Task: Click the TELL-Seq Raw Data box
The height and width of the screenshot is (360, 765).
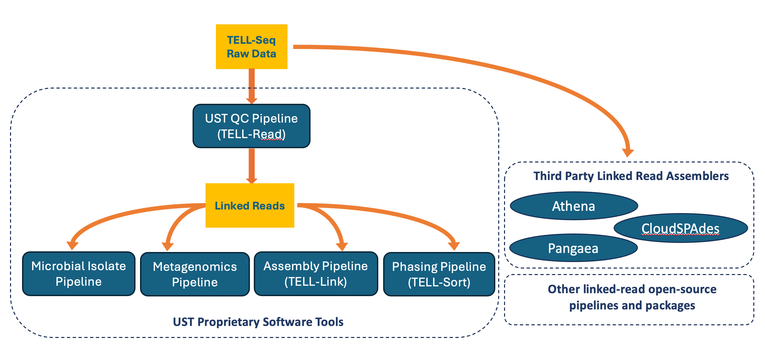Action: (252, 47)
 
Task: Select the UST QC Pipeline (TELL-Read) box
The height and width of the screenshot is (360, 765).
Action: (252, 126)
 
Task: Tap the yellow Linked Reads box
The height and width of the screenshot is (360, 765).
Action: (250, 206)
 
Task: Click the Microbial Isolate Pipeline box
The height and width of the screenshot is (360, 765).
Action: (78, 274)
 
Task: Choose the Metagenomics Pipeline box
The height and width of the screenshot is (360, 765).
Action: (195, 274)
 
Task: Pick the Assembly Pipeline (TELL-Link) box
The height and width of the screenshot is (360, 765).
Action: (316, 274)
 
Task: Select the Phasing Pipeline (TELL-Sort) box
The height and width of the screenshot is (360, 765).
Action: (439, 274)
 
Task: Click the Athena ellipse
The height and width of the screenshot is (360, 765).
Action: (573, 206)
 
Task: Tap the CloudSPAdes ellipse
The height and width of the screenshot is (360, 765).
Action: (680, 228)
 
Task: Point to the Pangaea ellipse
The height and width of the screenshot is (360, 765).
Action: (573, 248)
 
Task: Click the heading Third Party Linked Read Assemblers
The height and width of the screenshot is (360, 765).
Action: (631, 176)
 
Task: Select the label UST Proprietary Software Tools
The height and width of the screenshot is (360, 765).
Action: (258, 322)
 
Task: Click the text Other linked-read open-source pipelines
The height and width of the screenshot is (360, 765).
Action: (632, 297)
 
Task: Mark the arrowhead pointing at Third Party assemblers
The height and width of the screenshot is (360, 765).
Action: (628, 152)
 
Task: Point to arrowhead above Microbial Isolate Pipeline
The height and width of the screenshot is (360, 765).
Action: (73, 245)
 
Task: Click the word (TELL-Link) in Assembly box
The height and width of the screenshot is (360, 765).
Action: (316, 282)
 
